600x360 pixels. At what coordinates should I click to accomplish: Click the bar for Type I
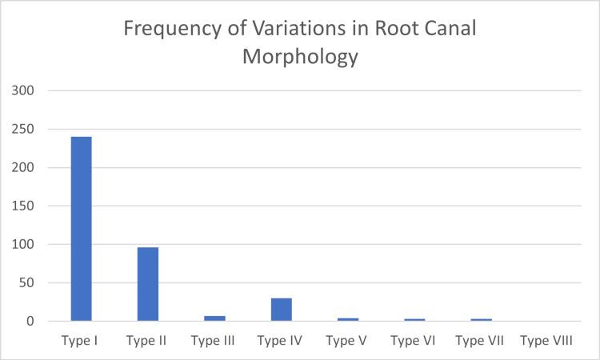pyautogui.click(x=81, y=229)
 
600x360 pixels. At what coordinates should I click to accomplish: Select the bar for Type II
pyautogui.click(x=147, y=284)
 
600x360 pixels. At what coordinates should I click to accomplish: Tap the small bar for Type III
pyautogui.click(x=214, y=318)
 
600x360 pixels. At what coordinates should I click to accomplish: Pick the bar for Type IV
pyautogui.click(x=281, y=310)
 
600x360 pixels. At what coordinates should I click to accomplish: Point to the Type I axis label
pyautogui.click(x=79, y=340)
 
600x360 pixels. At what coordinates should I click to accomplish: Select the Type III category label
pyautogui.click(x=214, y=340)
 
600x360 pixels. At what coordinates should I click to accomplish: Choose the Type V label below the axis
pyautogui.click(x=347, y=340)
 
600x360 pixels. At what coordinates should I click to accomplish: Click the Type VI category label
pyautogui.click(x=414, y=340)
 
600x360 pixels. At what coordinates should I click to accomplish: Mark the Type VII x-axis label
pyautogui.click(x=480, y=340)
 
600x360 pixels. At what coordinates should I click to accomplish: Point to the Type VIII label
pyautogui.click(x=546, y=340)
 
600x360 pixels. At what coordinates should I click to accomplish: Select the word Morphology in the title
pyautogui.click(x=300, y=59)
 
